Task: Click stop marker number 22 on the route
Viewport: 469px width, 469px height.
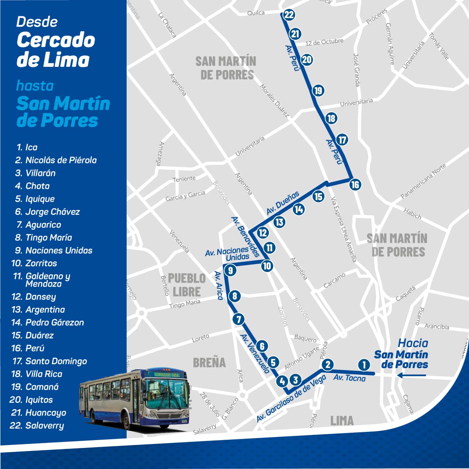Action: click(x=289, y=15)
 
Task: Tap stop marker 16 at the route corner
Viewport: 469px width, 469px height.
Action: click(x=355, y=184)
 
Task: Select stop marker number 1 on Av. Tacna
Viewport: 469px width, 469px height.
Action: click(x=364, y=365)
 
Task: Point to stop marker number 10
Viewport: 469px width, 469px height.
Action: click(x=267, y=266)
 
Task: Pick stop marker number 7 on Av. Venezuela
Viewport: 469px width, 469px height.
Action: click(x=238, y=319)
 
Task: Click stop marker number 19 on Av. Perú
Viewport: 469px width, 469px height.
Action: click(x=319, y=91)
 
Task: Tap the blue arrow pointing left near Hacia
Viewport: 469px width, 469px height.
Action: click(x=411, y=376)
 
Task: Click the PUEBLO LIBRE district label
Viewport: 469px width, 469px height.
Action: click(x=187, y=285)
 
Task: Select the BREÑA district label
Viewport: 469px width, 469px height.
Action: click(x=209, y=363)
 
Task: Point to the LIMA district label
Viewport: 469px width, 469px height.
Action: click(x=342, y=421)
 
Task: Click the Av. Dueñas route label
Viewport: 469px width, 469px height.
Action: click(x=283, y=202)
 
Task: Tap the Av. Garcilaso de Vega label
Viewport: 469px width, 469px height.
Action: click(x=291, y=399)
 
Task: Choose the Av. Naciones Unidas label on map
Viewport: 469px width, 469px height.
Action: click(x=227, y=253)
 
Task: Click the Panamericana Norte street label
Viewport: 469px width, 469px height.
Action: click(x=423, y=182)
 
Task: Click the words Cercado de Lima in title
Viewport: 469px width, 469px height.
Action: click(x=55, y=50)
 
